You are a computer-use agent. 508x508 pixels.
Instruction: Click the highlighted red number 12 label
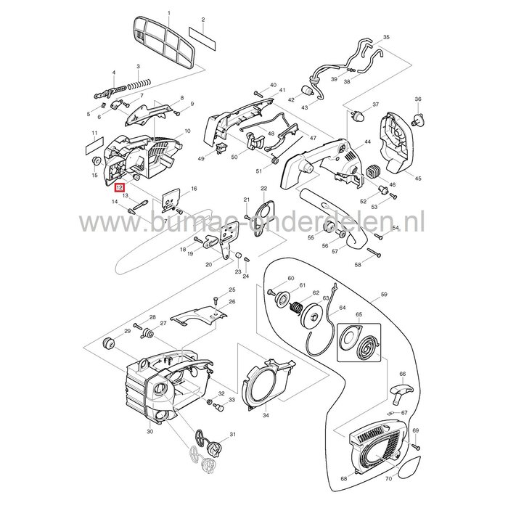click(x=118, y=187)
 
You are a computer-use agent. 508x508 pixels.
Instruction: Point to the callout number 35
click(x=386, y=36)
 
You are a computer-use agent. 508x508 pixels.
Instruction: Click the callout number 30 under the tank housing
click(x=149, y=433)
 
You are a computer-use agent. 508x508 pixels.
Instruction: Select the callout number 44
click(x=367, y=142)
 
